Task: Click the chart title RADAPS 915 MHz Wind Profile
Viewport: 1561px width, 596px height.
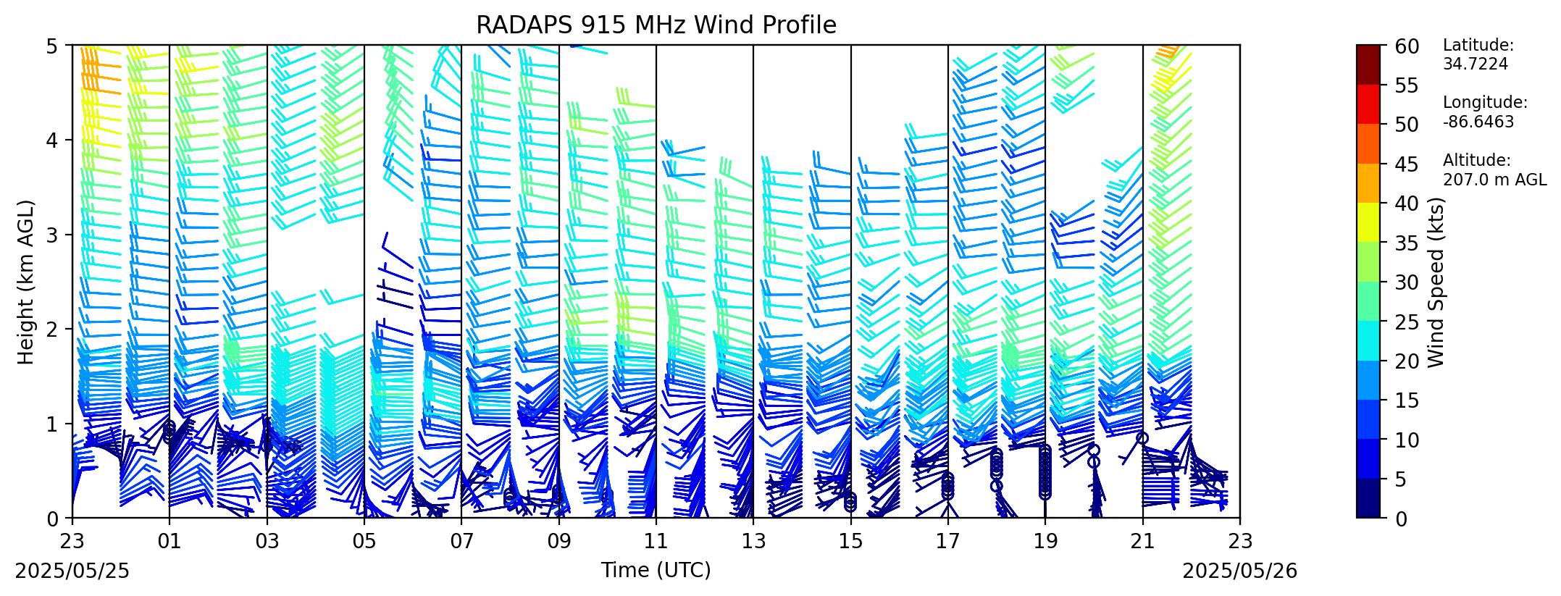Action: [656, 25]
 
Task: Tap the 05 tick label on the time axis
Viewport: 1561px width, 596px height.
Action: [364, 540]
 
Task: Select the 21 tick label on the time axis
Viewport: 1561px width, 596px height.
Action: [1143, 540]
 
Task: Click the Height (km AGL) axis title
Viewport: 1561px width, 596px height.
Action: [26, 282]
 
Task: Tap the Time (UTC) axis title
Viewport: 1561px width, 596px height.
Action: [656, 571]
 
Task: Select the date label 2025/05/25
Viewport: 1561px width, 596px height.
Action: [72, 571]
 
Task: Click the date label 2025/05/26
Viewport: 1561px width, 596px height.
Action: [1240, 571]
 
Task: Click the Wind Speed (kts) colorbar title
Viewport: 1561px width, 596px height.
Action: [1436, 282]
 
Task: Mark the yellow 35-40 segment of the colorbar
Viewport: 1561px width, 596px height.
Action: [1368, 222]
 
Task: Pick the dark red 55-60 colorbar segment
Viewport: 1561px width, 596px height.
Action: [1368, 64]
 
